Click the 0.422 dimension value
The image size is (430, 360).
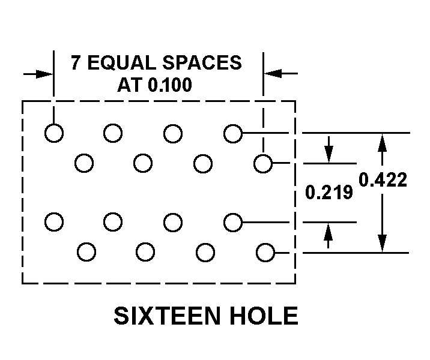(383, 179)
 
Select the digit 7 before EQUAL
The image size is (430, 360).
(76, 63)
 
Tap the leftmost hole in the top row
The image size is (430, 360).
(54, 133)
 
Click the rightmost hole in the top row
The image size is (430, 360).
(233, 133)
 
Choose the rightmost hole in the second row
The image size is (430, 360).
(263, 163)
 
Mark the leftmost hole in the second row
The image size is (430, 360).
(84, 163)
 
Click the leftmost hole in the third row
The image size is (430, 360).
(54, 222)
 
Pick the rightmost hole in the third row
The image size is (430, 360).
(233, 222)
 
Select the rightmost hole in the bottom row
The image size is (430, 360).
(265, 252)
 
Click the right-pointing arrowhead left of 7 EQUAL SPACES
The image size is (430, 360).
(45, 74)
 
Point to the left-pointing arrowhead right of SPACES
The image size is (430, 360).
(273, 74)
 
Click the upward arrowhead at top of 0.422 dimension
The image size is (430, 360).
(381, 141)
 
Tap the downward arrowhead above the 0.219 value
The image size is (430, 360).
(329, 154)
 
